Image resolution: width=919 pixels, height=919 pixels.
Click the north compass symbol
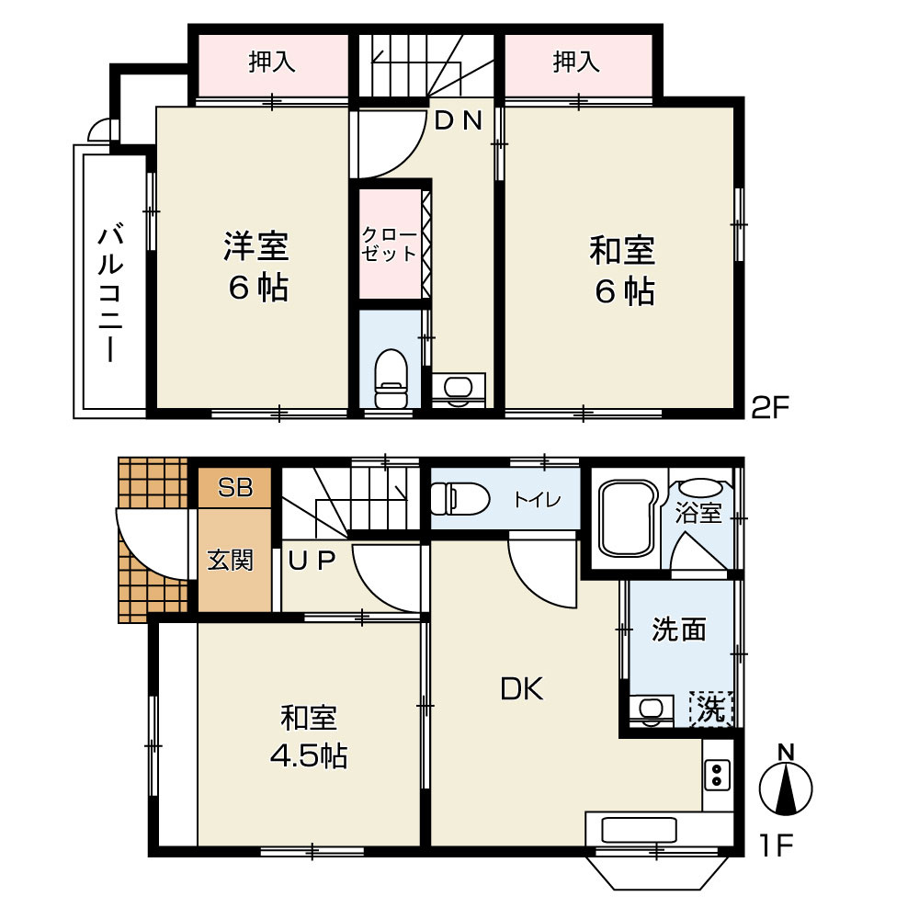pos(786,781)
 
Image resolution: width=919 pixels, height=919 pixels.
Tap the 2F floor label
pos(771,407)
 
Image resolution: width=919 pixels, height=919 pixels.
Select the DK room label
pos(522,689)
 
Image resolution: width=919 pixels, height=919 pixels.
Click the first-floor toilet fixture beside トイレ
pos(459,499)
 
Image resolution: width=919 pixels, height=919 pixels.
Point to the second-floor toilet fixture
pos(391,379)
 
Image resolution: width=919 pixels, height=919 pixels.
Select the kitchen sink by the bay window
pos(639,830)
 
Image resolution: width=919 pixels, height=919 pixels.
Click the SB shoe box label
pos(235,487)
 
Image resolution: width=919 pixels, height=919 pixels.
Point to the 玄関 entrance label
pos(231,561)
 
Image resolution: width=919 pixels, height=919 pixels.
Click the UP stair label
pos(312,562)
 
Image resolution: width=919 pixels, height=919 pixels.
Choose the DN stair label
pos(459,120)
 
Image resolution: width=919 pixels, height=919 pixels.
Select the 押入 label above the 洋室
pos(271,62)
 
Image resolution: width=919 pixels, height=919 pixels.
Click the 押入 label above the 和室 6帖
pos(577,62)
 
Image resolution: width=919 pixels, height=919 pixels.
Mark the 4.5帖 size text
pos(309,756)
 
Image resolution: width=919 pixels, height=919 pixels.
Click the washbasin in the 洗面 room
pos(648,709)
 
